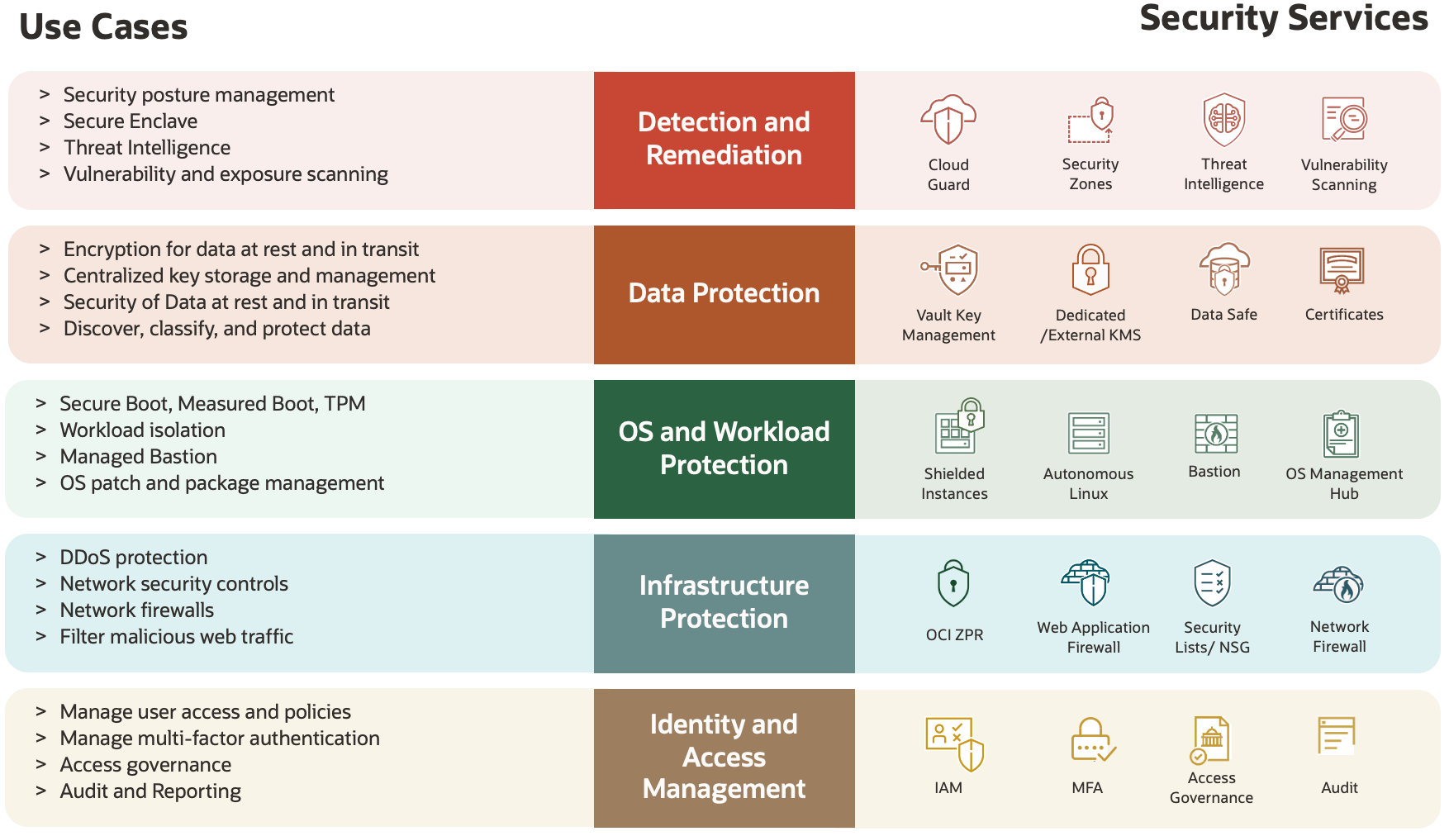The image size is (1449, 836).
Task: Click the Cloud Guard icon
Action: pos(948,121)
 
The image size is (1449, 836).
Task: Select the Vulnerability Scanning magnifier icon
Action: pos(1344,121)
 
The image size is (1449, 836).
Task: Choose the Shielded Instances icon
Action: pos(957,426)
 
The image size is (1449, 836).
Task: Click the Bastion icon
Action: pos(1215,434)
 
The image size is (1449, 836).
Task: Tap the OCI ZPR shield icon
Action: pos(953,584)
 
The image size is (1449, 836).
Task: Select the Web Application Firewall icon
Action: pos(1088,582)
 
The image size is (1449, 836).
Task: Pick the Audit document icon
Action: pos(1337,736)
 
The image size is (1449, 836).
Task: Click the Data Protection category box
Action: pos(724,294)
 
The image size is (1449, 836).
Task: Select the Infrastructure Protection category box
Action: pos(724,603)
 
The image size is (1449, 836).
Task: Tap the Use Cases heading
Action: pos(103,27)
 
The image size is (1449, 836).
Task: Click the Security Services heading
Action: pos(1283,18)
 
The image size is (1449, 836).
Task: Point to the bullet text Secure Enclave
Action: pos(131,121)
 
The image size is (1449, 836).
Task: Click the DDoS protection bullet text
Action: pos(134,558)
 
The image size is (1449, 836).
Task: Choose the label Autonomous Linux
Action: pos(1088,484)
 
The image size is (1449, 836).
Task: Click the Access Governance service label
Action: pos(1211,788)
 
